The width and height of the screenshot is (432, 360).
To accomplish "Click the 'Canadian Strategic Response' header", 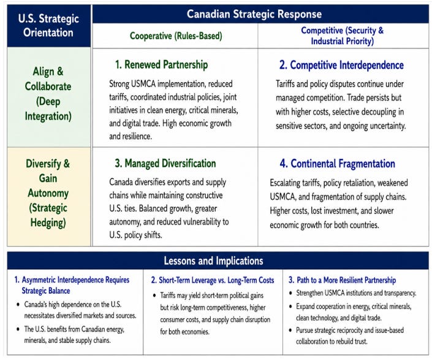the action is (254, 13).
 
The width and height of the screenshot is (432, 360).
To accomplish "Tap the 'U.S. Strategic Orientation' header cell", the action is (48, 26).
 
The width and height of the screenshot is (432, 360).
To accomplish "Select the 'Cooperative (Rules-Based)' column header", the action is (176, 36).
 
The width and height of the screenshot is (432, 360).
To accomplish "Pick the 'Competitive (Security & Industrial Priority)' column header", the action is (342, 36).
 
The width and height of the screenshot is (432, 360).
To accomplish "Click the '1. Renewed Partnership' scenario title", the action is (161, 64).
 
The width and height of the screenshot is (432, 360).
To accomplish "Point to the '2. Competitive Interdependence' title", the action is (341, 65).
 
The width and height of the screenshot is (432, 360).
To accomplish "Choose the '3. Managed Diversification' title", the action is (165, 163).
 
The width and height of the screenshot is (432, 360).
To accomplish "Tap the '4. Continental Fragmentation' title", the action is (338, 164).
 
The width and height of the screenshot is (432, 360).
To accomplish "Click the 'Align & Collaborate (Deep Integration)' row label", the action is (48, 94).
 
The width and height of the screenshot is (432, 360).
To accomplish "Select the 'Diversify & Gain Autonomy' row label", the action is (48, 193).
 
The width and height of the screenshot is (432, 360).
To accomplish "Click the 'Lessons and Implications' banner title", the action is (213, 261).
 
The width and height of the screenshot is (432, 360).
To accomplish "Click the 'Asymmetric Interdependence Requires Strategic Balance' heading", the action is (72, 285).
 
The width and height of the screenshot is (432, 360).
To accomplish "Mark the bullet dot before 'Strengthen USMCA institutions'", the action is (290, 293).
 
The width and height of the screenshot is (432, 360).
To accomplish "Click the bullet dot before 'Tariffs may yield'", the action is (154, 296).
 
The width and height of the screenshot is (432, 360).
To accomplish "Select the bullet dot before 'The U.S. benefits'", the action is (18, 329).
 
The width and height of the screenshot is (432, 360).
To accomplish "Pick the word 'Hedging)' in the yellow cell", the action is (48, 223).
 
